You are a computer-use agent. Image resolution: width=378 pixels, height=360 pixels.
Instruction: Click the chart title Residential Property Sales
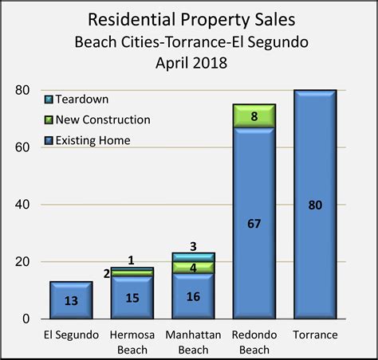coord(189,18)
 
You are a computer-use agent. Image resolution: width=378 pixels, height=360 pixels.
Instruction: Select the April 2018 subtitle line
coord(189,61)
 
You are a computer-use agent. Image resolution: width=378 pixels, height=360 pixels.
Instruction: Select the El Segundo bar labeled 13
coord(71,300)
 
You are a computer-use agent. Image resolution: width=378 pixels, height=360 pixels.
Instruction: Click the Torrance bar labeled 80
coord(313,205)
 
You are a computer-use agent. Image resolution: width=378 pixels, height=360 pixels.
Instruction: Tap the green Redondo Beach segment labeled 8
coord(253,116)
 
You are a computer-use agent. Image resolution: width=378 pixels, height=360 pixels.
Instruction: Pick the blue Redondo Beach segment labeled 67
coord(253,223)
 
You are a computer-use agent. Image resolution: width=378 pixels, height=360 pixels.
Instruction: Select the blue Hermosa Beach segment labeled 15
coord(132,297)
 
